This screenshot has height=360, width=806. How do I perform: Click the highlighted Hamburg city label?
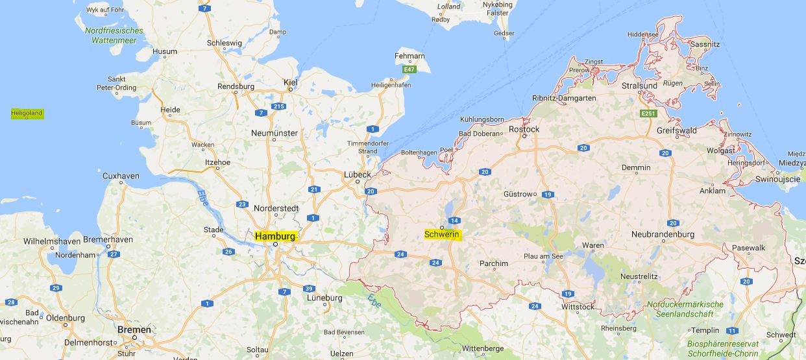tap(275, 236)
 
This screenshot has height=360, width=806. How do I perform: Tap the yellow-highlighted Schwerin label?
tap(442, 234)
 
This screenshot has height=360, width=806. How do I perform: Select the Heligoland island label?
tap(27, 114)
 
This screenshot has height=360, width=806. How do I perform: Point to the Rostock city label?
tap(524, 129)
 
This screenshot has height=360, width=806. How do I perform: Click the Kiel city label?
tap(290, 82)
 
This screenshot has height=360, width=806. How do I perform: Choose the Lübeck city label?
tap(358, 174)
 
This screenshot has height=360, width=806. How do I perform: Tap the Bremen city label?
tap(134, 330)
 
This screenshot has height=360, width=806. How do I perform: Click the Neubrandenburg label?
tap(663, 234)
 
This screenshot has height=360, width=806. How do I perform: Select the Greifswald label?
tap(677, 130)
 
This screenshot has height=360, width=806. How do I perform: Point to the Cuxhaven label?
tap(121, 176)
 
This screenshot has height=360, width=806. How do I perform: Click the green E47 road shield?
tap(409, 69)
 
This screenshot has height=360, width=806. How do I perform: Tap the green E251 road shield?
tap(647, 114)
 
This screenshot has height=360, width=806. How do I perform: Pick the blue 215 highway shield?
tap(279, 106)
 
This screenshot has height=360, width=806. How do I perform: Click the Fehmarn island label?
tap(409, 57)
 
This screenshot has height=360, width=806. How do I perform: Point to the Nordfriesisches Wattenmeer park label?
tap(114, 35)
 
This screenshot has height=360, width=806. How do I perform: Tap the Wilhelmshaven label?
tap(52, 241)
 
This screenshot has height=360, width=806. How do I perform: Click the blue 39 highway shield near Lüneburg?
tap(309, 289)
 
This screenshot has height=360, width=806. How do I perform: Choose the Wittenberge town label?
tap(483, 348)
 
